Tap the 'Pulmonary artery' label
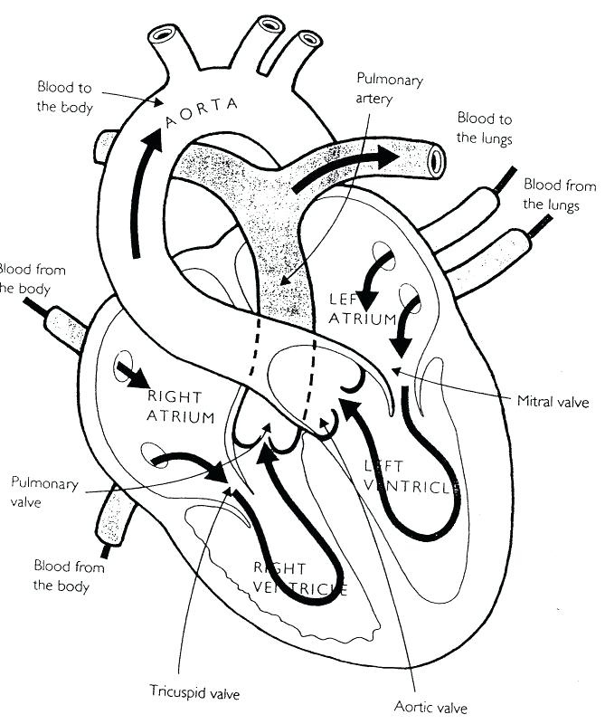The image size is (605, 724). (389, 89)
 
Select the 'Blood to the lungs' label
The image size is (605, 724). (484, 128)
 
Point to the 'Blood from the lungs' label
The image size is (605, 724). (560, 195)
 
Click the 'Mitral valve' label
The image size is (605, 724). (553, 399)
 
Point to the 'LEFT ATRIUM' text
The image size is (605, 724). (362, 309)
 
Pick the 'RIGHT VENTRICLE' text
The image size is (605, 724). (298, 579)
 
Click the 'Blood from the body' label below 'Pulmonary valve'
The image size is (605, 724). (69, 576)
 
